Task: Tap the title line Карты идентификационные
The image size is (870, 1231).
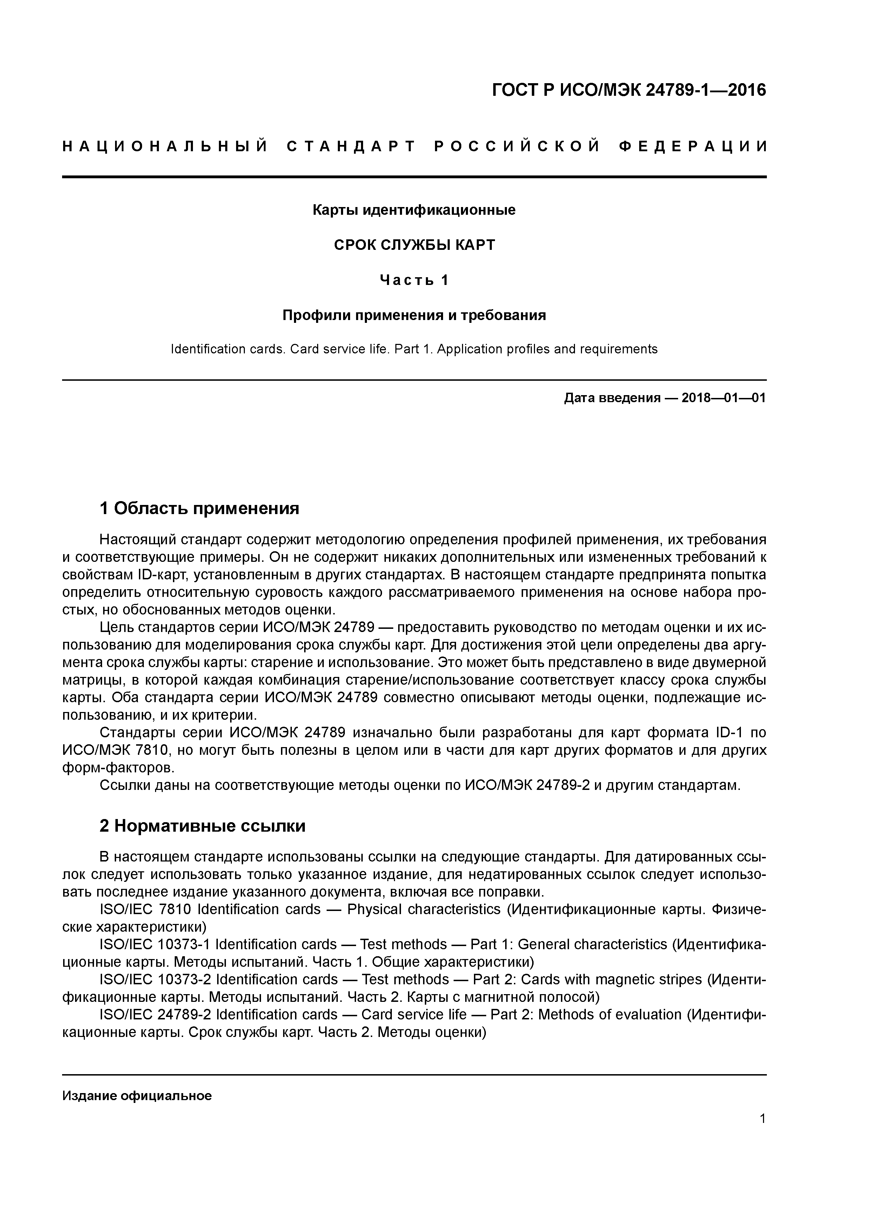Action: click(x=414, y=210)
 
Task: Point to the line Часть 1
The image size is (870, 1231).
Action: click(x=414, y=280)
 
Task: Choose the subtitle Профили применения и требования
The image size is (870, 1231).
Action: click(x=414, y=315)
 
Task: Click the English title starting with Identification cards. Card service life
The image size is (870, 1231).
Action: click(x=414, y=350)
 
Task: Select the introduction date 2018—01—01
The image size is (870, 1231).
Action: click(x=724, y=398)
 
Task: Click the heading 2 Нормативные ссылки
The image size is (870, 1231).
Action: click(x=203, y=826)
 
